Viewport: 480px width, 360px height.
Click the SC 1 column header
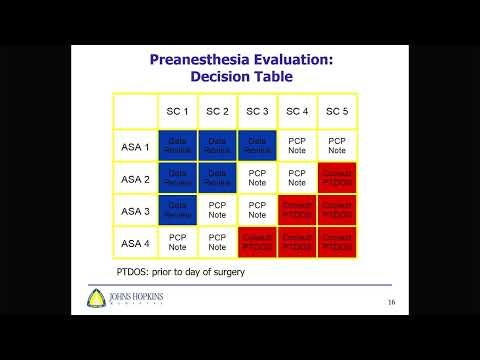click(x=176, y=110)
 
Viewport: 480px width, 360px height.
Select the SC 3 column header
click(x=256, y=110)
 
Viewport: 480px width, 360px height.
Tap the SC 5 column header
click(x=338, y=110)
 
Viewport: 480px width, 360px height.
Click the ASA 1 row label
click(x=135, y=147)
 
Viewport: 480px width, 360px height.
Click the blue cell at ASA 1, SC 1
click(x=177, y=147)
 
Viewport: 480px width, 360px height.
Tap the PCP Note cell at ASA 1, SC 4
click(x=297, y=147)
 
